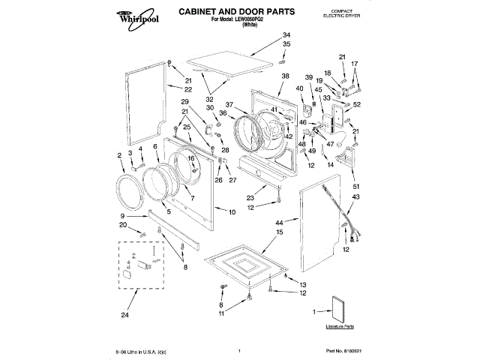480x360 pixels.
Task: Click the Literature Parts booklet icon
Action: pyautogui.click(x=340, y=309)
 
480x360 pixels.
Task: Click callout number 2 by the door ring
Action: pyautogui.click(x=120, y=155)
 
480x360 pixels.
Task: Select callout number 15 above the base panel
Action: pyautogui.click(x=280, y=233)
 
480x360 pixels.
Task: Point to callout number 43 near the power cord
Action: pyautogui.click(x=355, y=196)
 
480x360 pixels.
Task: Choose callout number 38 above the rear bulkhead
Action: pyautogui.click(x=285, y=76)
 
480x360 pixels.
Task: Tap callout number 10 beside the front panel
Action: pyautogui.click(x=232, y=212)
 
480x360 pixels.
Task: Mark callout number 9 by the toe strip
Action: pyautogui.click(x=122, y=216)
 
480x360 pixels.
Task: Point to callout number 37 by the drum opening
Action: pyautogui.click(x=230, y=104)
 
